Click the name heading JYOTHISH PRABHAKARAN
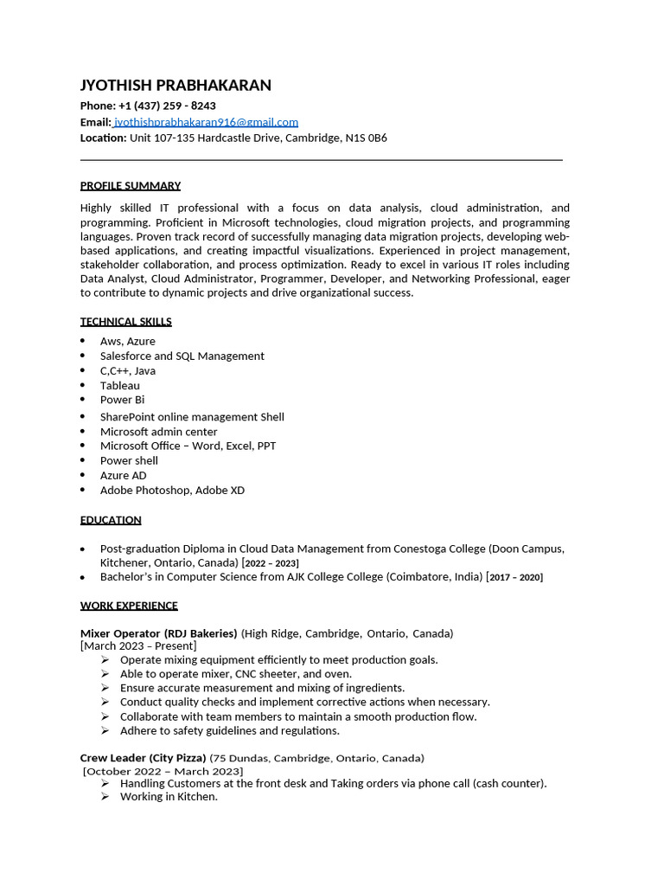[x=176, y=85]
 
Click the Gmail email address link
[x=207, y=122]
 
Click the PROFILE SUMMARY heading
[x=131, y=185]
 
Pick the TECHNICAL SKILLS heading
[x=126, y=321]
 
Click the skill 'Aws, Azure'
[x=128, y=341]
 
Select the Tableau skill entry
[x=119, y=385]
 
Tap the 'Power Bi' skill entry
[x=122, y=400]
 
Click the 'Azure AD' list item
[x=123, y=475]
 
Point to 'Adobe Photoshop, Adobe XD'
[x=172, y=490]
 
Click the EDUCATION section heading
[x=111, y=520]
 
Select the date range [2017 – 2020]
[x=515, y=577]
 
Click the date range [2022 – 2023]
[x=271, y=563]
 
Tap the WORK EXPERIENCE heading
[x=129, y=606]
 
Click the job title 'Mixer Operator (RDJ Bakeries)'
[x=159, y=633]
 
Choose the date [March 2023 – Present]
[x=138, y=646]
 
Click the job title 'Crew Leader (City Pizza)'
[x=143, y=758]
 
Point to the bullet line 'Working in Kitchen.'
[x=169, y=797]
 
